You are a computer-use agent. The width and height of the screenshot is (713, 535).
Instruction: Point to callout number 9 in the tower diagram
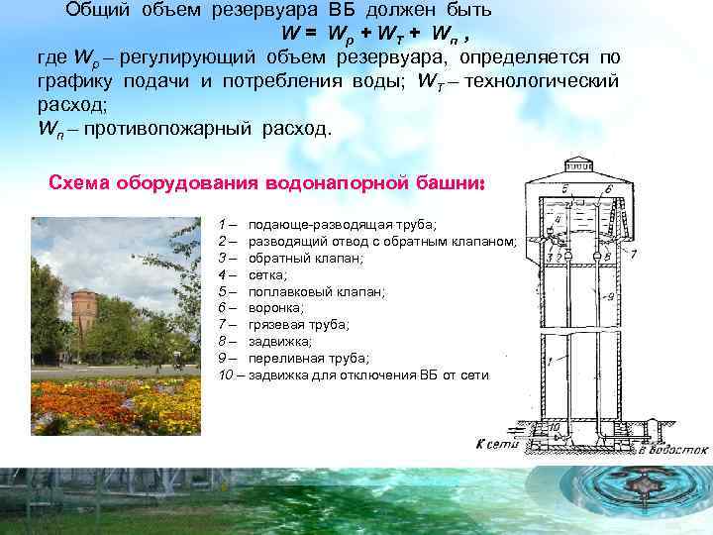(x=612, y=295)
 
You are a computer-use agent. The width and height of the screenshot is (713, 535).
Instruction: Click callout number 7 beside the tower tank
(x=634, y=255)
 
